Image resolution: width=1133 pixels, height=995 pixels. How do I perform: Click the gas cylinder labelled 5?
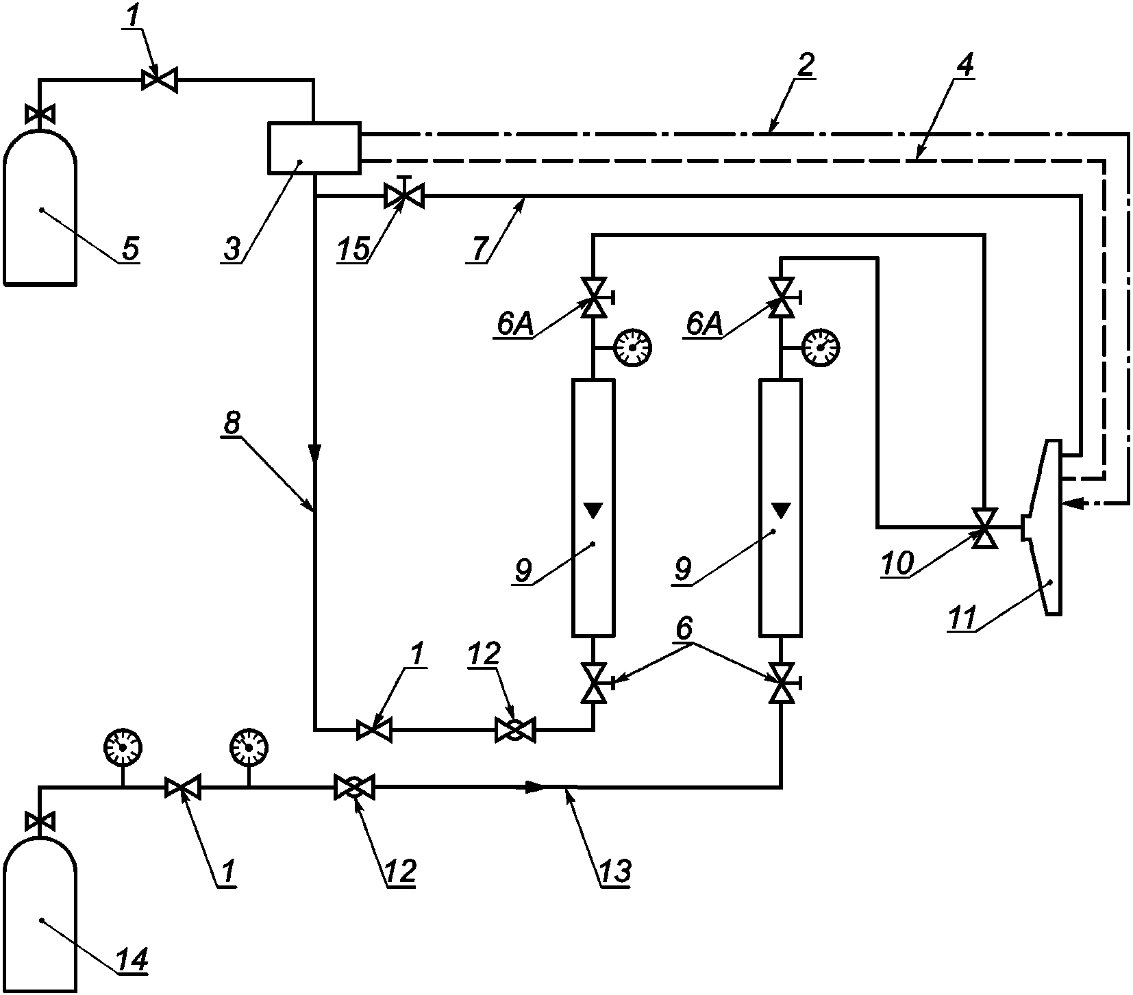click(40, 209)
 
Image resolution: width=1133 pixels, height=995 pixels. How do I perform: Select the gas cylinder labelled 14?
click(40, 918)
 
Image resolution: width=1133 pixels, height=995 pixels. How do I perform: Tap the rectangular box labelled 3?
click(314, 147)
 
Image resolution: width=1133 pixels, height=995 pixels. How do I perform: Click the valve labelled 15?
click(404, 196)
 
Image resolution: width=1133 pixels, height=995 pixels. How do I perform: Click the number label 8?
click(232, 423)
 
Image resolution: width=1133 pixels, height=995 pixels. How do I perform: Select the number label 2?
click(806, 64)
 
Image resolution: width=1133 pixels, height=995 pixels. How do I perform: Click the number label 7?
click(481, 248)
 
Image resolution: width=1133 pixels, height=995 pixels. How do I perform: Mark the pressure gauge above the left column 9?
click(632, 348)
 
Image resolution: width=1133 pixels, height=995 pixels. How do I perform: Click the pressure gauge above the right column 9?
click(821, 348)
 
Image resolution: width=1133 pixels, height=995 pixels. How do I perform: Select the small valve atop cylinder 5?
click(40, 114)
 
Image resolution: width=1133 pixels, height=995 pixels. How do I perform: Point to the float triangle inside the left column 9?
click(593, 510)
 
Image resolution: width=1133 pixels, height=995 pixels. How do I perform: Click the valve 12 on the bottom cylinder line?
click(353, 788)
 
